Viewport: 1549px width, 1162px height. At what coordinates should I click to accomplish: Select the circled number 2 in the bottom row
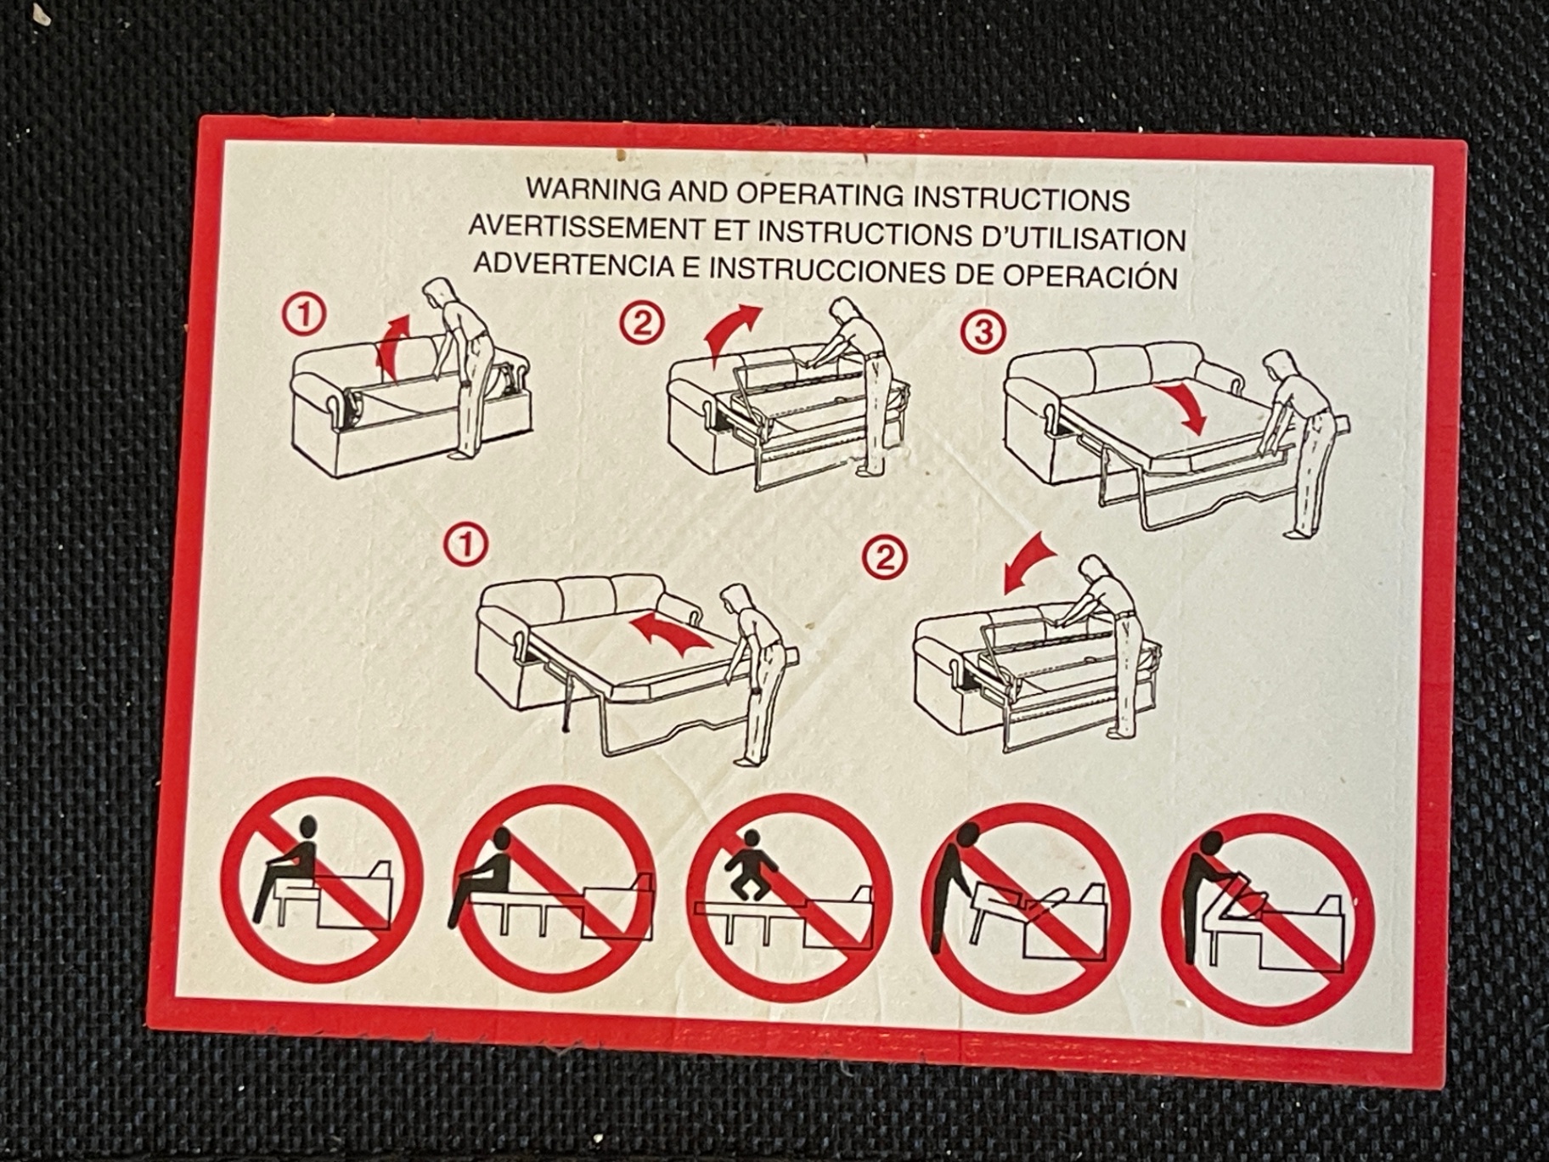884,558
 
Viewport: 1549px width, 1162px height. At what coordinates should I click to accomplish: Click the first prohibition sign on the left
322,880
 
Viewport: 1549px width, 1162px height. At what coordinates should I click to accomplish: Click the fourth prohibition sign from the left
1025,905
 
